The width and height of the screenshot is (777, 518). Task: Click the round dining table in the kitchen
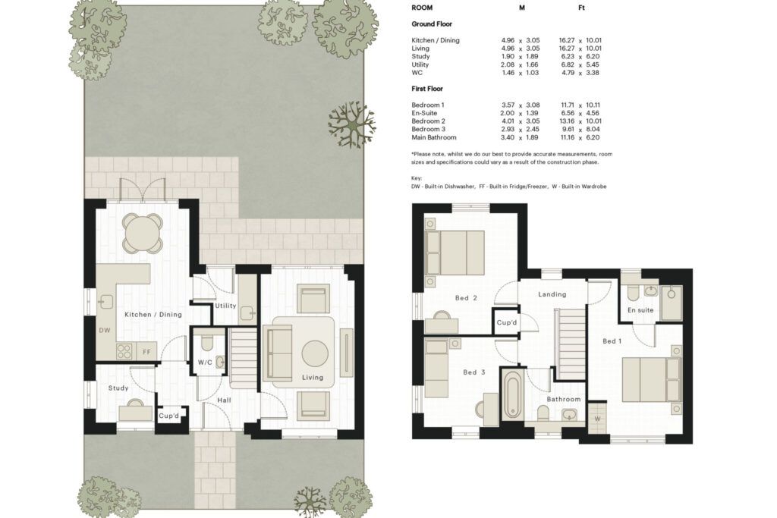tap(143, 232)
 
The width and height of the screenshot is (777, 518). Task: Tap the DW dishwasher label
tap(105, 331)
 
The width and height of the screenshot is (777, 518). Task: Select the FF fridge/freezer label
tap(146, 352)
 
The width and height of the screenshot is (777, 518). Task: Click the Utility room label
tap(225, 306)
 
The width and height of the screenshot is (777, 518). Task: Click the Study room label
tap(118, 388)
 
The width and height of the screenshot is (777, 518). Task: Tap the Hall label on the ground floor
tap(224, 400)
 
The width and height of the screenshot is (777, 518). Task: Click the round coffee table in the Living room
tap(315, 353)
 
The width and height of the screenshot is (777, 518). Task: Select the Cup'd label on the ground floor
tap(169, 416)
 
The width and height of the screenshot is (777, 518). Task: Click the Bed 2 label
tap(467, 297)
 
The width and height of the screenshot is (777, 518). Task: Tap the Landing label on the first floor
tap(552, 294)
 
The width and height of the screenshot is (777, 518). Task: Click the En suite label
tap(640, 310)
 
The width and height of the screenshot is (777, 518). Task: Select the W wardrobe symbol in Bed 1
tap(597, 419)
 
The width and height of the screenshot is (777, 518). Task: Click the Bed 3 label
tap(474, 372)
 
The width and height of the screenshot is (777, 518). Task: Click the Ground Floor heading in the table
tap(432, 24)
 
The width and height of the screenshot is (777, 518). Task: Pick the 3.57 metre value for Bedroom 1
tap(508, 105)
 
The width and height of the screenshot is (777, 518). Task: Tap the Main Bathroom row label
tap(433, 137)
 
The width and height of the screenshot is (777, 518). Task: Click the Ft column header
tap(581, 8)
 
